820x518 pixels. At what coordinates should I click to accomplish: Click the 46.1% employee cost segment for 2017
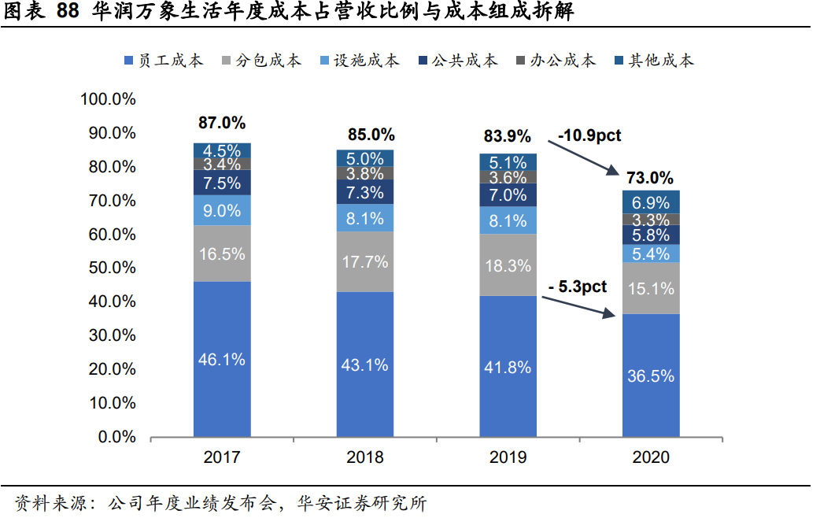click(223, 359)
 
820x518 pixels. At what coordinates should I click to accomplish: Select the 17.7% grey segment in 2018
click(365, 261)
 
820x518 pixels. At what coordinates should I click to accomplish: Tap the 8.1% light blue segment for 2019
click(508, 220)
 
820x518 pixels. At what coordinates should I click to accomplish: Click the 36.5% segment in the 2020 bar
click(651, 376)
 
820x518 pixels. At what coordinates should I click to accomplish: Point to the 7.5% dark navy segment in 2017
click(223, 183)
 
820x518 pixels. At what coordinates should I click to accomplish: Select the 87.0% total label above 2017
click(222, 123)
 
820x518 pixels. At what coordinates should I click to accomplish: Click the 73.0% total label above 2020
click(650, 177)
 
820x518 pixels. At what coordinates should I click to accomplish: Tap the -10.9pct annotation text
click(589, 135)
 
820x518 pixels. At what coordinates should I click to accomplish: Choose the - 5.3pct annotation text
click(579, 287)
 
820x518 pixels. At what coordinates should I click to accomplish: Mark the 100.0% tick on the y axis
click(108, 99)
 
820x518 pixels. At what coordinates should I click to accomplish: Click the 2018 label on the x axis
click(365, 457)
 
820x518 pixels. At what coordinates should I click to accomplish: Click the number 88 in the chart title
click(69, 12)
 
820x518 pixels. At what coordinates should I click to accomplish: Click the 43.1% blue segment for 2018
click(365, 364)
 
